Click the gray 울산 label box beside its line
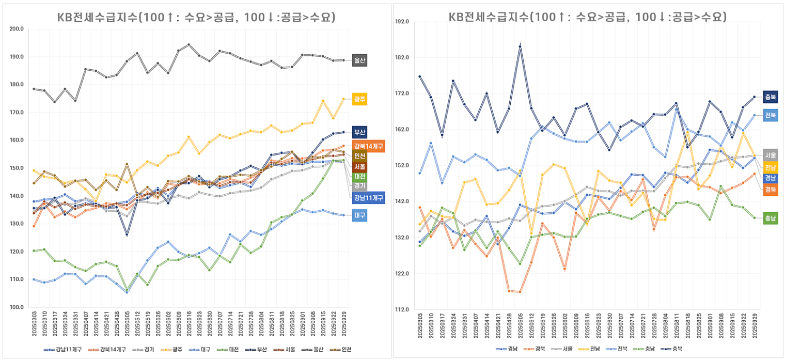[x=359, y=60]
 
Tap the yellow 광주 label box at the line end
[x=359, y=99]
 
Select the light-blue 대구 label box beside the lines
[x=359, y=215]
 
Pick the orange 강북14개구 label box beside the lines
[x=368, y=146]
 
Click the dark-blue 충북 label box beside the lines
[x=770, y=97]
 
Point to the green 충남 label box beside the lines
[x=770, y=218]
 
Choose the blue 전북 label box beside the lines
[x=770, y=115]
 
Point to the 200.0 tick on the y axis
[x=17, y=29]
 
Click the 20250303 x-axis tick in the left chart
[x=34, y=325]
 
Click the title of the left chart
[x=196, y=18]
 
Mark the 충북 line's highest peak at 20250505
[x=520, y=46]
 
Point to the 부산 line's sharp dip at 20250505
[x=127, y=234]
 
